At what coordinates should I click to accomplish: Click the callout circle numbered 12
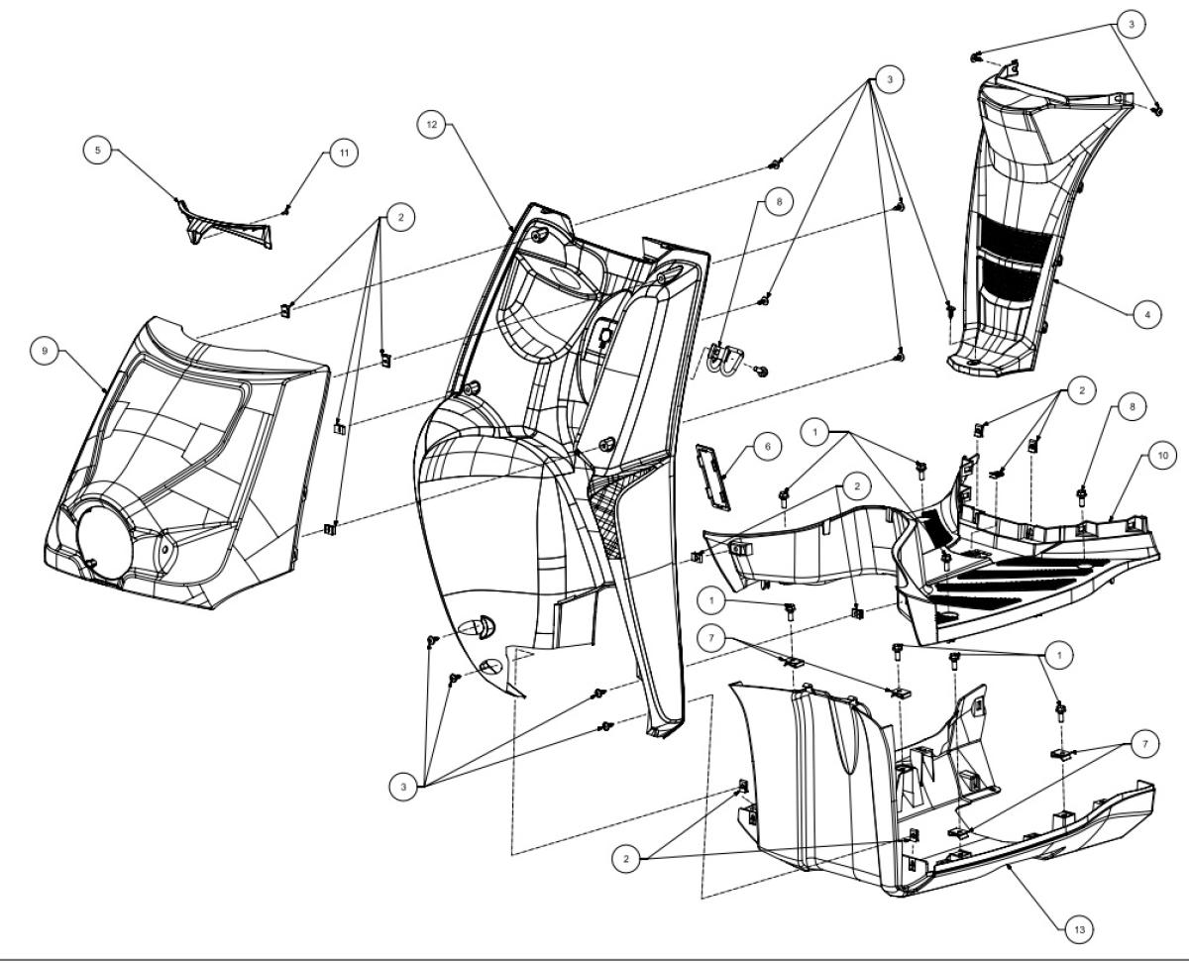(x=431, y=125)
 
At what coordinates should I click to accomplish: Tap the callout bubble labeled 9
(x=45, y=351)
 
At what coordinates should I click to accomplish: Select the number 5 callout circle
(x=98, y=151)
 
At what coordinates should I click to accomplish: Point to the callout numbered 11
(x=344, y=153)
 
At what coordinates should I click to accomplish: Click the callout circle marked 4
(x=1147, y=315)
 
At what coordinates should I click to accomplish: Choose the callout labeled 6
(x=767, y=447)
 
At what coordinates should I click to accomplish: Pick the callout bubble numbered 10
(x=1162, y=456)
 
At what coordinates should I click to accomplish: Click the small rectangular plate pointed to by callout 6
(x=712, y=477)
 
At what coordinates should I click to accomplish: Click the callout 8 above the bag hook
(x=779, y=201)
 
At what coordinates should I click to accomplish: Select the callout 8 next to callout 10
(x=1133, y=407)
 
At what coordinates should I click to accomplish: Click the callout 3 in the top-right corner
(x=1131, y=24)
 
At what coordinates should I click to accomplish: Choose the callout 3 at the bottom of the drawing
(x=403, y=788)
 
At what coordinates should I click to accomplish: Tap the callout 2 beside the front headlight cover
(x=400, y=217)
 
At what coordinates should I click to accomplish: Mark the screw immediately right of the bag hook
(x=761, y=371)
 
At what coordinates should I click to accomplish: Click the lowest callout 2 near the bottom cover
(x=626, y=859)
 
